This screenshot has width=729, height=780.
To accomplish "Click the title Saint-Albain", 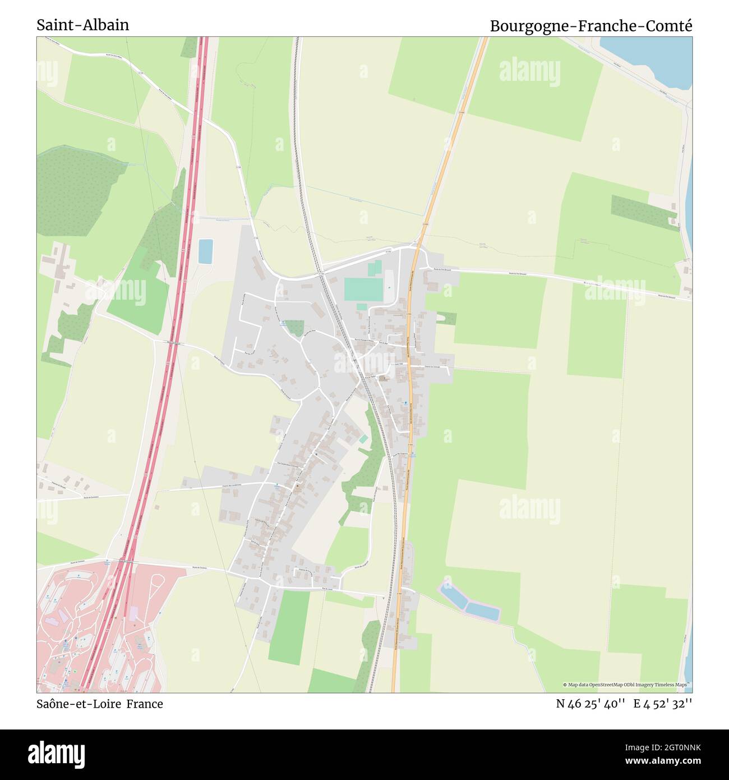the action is [82, 25].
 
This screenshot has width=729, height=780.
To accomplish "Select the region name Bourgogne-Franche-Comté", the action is [591, 26].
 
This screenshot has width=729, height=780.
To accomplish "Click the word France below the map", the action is [144, 704].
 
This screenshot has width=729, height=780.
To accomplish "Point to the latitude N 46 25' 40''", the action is [590, 704].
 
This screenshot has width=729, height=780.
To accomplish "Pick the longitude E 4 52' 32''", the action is [663, 704].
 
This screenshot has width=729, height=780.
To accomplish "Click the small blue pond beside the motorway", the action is [205, 251].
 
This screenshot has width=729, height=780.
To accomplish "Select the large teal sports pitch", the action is [363, 289].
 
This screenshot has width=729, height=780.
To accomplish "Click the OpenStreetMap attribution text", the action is [627, 685].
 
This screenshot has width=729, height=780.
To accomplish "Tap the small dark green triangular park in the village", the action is [295, 327].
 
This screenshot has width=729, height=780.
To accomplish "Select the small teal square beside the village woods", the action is [363, 439].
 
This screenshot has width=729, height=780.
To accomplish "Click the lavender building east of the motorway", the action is [133, 613].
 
